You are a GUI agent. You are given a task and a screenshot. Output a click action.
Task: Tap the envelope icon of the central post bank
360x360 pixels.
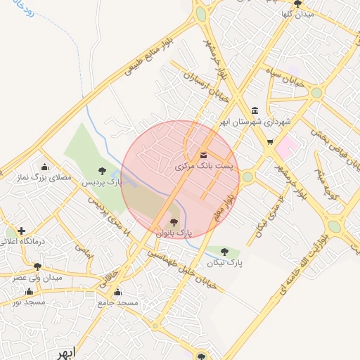[x=204, y=155]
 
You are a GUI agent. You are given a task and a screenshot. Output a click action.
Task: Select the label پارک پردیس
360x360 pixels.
[x=103, y=182]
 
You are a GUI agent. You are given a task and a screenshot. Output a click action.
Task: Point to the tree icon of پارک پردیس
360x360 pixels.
[x=103, y=170]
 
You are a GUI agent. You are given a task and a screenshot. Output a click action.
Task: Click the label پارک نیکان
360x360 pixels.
[x=224, y=262]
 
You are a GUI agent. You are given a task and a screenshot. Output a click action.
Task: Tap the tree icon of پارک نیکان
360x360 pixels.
[x=224, y=251]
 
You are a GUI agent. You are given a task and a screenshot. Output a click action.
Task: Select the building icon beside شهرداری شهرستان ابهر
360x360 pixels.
[x=254, y=110]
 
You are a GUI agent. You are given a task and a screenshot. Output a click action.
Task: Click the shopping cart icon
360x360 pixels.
[x=270, y=142]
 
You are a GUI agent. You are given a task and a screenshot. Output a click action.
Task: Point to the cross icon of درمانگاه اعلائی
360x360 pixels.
[x=22, y=231]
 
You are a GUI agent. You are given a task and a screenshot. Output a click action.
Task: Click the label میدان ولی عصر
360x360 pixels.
[x=37, y=277]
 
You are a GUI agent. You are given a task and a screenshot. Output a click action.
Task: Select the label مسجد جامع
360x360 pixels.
[x=117, y=302]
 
